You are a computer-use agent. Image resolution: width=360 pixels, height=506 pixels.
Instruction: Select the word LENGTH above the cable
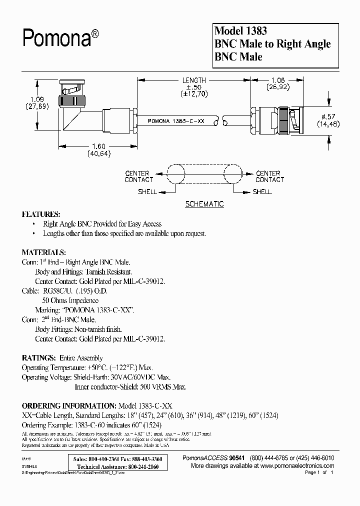(194, 80)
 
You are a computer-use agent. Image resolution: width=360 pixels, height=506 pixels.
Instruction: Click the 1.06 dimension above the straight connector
(278, 80)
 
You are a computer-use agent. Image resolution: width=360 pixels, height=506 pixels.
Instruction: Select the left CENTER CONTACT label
(139, 176)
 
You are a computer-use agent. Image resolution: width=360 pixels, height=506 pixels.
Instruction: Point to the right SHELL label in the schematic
(262, 191)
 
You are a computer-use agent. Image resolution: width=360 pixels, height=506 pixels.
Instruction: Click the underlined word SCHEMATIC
(204, 204)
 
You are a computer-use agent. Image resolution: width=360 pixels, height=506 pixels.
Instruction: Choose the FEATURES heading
(41, 213)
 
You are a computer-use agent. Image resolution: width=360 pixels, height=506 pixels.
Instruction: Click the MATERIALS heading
(43, 252)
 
